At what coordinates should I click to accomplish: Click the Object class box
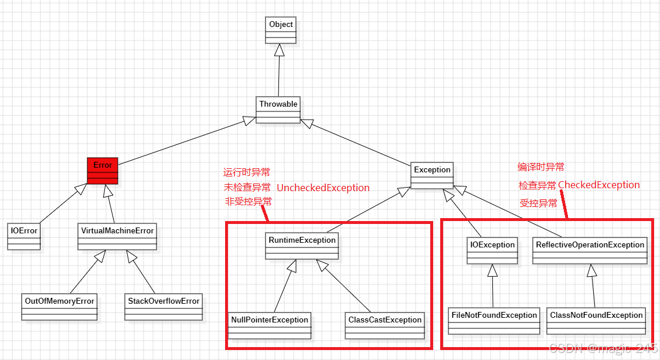(x=281, y=30)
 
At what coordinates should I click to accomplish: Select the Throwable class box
(x=278, y=110)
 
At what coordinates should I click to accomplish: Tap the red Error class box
(x=103, y=171)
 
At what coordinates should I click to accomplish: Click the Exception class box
(x=432, y=175)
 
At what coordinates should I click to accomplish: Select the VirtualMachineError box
(x=117, y=236)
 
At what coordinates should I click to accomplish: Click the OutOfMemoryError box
(x=59, y=307)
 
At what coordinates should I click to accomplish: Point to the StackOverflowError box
(x=164, y=307)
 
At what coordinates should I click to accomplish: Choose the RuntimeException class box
(x=302, y=246)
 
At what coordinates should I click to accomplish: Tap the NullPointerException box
(x=270, y=325)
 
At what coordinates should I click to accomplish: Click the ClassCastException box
(x=385, y=325)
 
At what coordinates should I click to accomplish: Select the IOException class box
(x=492, y=250)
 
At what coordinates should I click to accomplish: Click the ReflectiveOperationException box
(x=590, y=250)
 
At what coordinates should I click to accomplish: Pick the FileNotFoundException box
(x=494, y=321)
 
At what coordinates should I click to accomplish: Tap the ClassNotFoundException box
(x=596, y=321)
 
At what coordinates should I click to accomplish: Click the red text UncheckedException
(x=323, y=188)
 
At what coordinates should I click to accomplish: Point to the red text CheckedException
(x=598, y=185)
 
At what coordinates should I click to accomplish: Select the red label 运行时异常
(x=247, y=172)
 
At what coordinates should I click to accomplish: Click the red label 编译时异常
(x=540, y=167)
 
